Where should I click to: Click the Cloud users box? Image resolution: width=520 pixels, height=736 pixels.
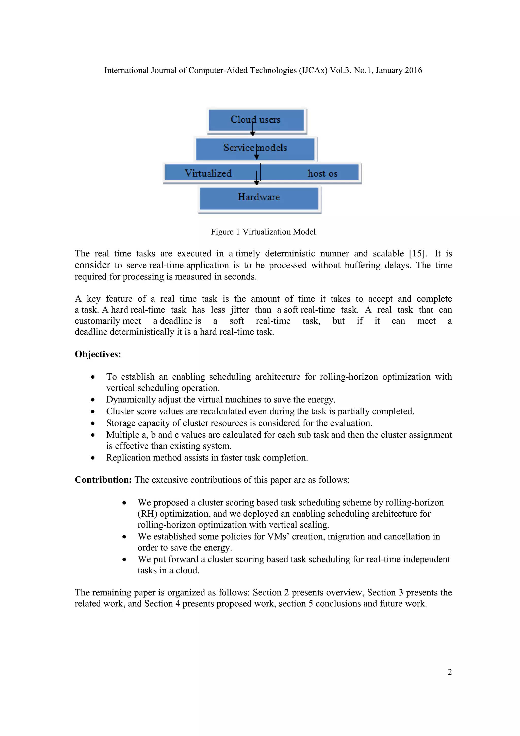click(256, 120)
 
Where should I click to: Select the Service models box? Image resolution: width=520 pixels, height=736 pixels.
click(255, 148)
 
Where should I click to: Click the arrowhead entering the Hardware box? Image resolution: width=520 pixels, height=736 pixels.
click(256, 183)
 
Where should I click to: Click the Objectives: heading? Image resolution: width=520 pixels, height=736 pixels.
click(98, 354)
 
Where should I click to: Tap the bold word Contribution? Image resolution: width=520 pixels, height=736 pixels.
click(103, 480)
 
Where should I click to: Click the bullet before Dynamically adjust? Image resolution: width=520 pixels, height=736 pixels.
click(92, 400)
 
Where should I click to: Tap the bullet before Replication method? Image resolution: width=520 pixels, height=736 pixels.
click(92, 458)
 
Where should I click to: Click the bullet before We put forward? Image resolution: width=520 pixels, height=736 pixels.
click(124, 560)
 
